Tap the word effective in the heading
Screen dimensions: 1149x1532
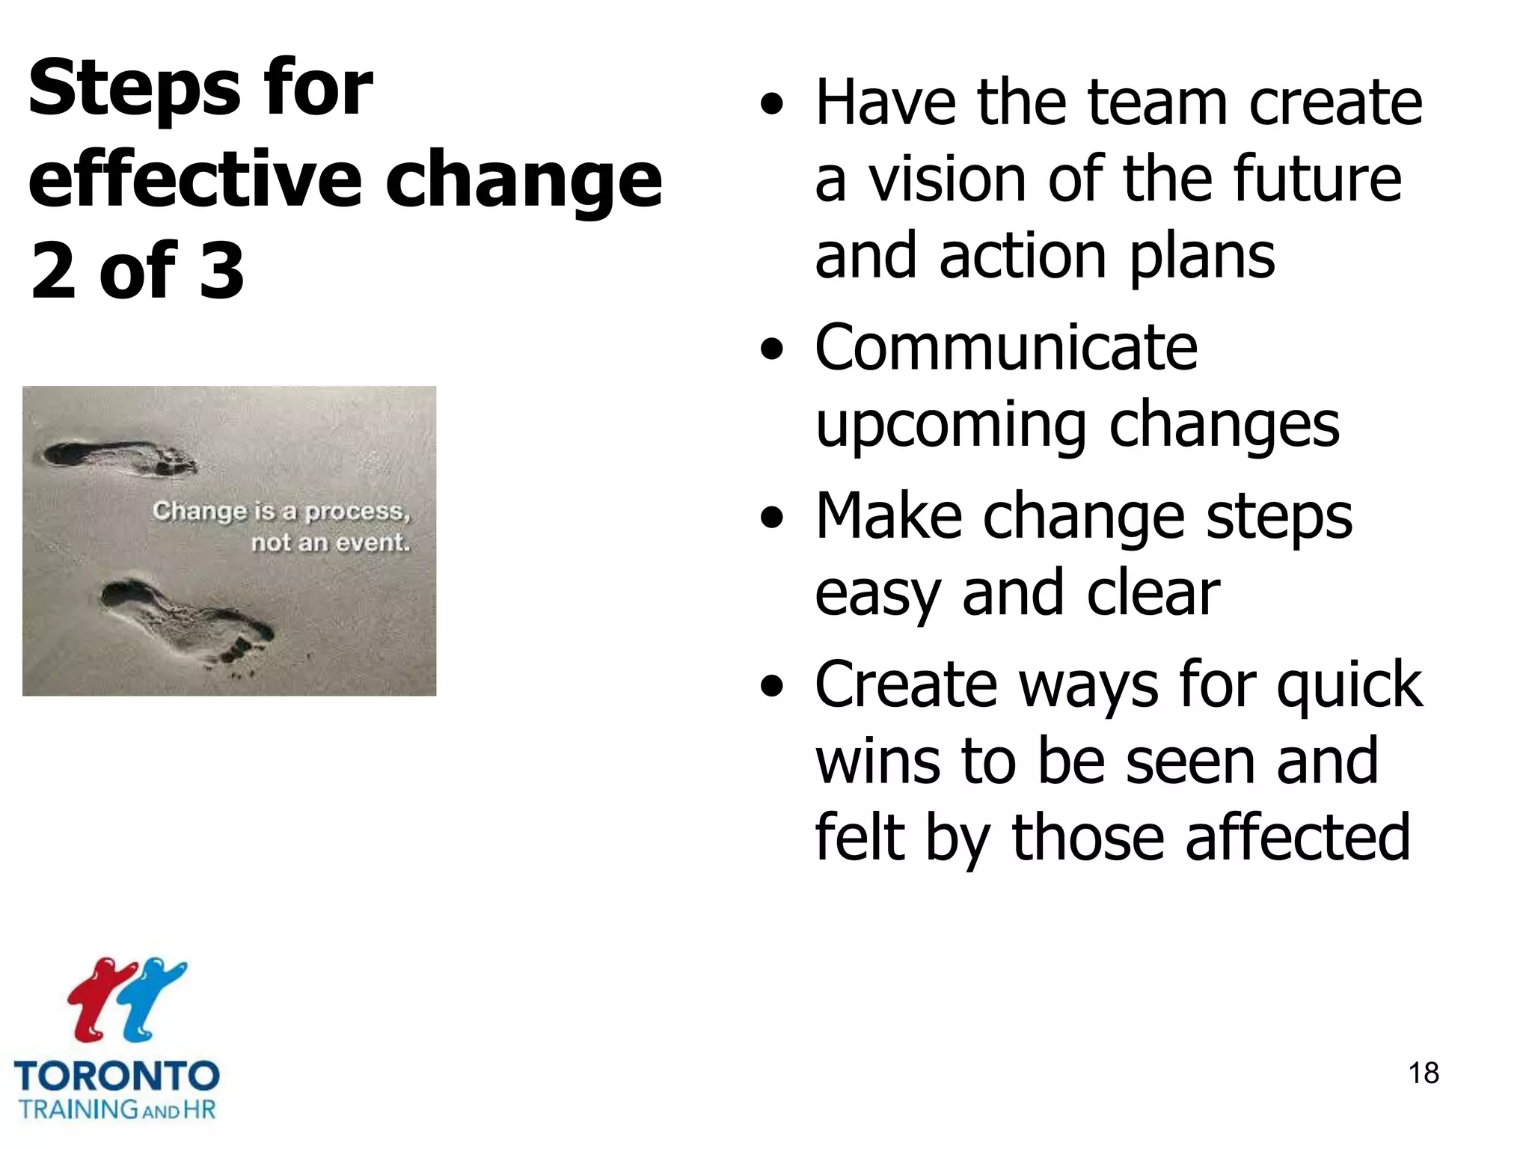[194, 180]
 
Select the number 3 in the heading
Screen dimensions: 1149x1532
[222, 271]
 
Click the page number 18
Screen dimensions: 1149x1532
[1423, 1073]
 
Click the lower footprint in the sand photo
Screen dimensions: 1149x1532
[187, 617]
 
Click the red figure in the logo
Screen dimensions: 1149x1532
[97, 999]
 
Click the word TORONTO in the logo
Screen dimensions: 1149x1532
[117, 1076]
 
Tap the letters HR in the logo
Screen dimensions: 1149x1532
[199, 1109]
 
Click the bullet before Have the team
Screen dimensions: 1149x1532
[771, 105]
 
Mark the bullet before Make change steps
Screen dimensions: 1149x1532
[771, 518]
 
